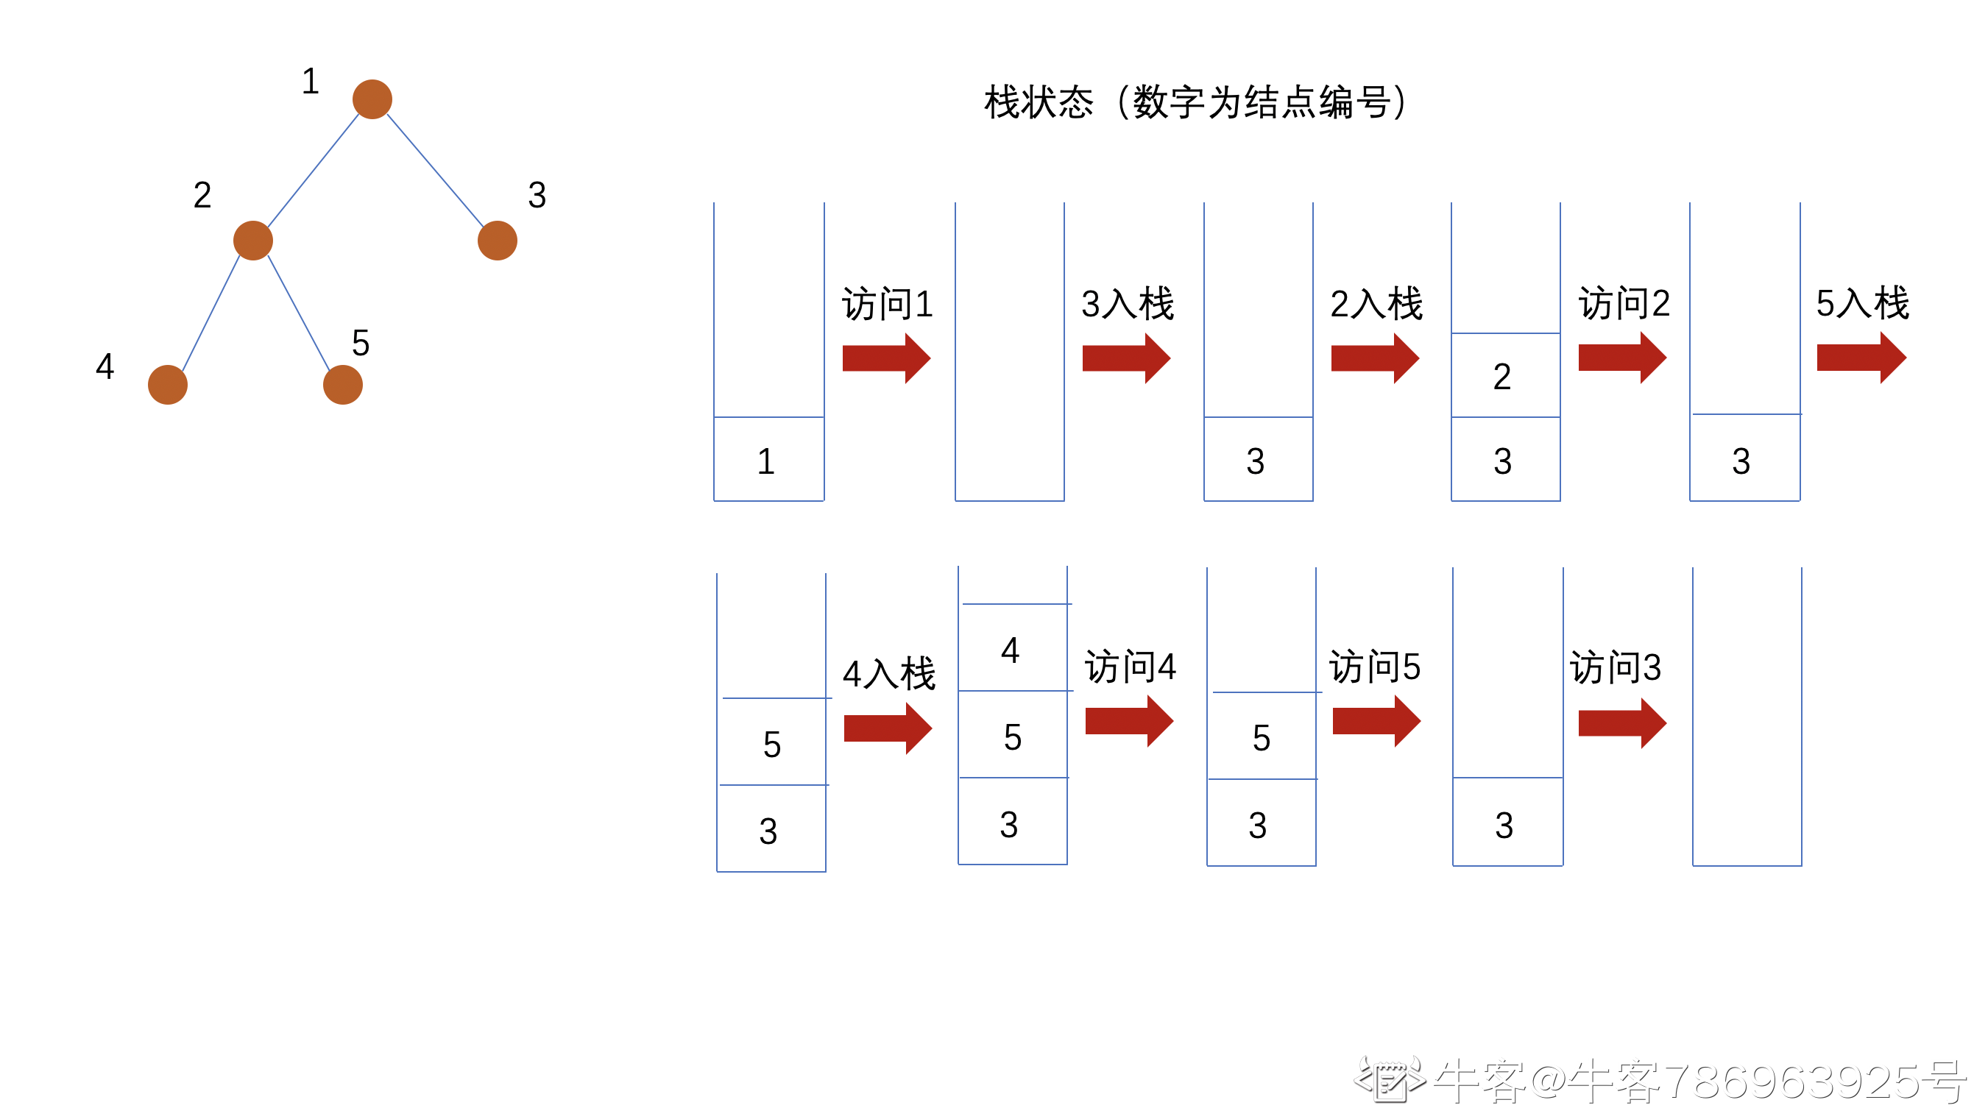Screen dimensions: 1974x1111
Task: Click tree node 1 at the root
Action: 372,99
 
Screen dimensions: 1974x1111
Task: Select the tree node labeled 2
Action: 253,241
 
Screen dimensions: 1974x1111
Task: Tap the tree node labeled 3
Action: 498,241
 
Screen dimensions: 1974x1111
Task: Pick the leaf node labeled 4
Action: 168,385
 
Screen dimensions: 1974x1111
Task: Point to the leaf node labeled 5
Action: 342,385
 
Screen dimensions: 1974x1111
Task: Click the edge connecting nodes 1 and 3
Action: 434,170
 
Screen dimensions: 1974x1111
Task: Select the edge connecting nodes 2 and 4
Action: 211,313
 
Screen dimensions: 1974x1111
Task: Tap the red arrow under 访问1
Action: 886,358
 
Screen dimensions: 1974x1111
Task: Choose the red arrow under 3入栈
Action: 1125,358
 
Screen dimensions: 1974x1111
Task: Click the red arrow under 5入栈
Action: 1861,358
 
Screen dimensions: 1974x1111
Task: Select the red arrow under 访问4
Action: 1129,721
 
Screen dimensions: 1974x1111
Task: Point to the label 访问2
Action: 1624,303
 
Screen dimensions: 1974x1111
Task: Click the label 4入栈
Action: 889,674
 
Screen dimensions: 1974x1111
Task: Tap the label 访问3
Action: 1616,667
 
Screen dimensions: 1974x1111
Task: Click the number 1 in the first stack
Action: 766,461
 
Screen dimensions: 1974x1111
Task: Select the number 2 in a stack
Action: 1502,377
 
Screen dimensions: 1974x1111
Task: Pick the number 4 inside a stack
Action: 1010,650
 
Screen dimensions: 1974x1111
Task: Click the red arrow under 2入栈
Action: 1375,358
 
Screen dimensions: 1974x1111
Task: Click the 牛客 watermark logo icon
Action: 1389,1079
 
